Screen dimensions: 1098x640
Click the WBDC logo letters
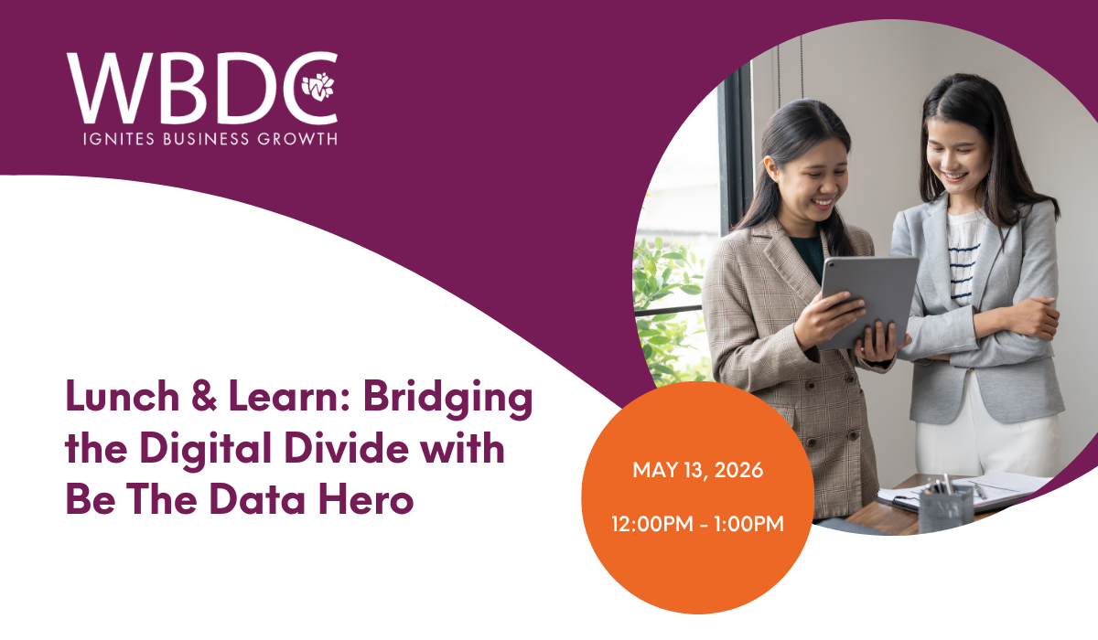[202, 88]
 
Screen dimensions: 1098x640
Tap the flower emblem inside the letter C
[318, 87]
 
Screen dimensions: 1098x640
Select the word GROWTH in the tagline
[297, 139]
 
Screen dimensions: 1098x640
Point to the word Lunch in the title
[123, 396]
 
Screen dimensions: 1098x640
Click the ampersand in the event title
[204, 396]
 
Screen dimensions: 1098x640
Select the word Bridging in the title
[447, 399]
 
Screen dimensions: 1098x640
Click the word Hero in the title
[366, 499]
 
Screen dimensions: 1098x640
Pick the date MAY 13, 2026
[697, 470]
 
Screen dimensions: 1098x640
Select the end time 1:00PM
[748, 524]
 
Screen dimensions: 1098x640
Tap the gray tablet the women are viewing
[867, 302]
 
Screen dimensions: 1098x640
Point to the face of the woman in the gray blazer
[954, 156]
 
